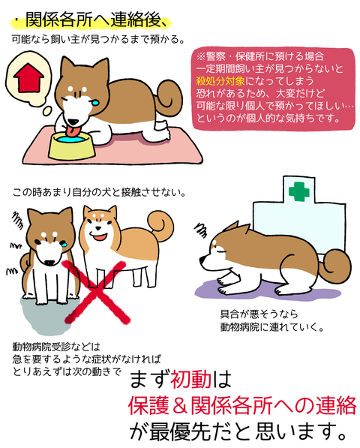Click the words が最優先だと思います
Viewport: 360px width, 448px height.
pos(241,433)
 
